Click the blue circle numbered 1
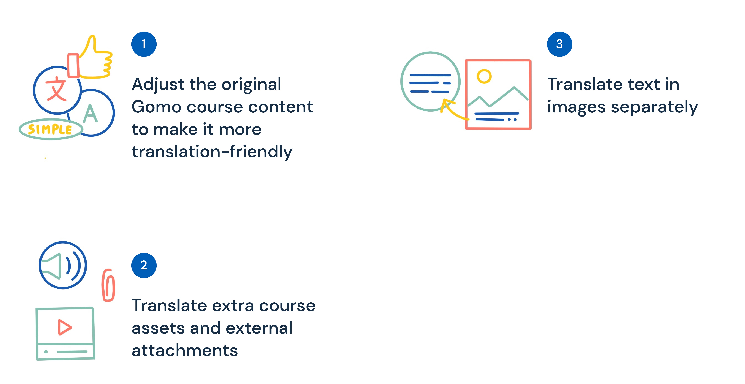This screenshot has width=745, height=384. pyautogui.click(x=144, y=44)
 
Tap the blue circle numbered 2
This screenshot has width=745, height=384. pyautogui.click(x=144, y=265)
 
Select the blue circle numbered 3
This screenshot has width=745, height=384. pyautogui.click(x=559, y=44)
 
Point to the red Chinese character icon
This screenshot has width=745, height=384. pyautogui.click(x=56, y=89)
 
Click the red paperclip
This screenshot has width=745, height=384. pyautogui.click(x=108, y=285)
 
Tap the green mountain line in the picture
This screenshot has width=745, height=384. pyautogui.click(x=497, y=98)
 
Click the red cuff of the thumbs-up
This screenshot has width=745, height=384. pyautogui.click(x=73, y=66)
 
